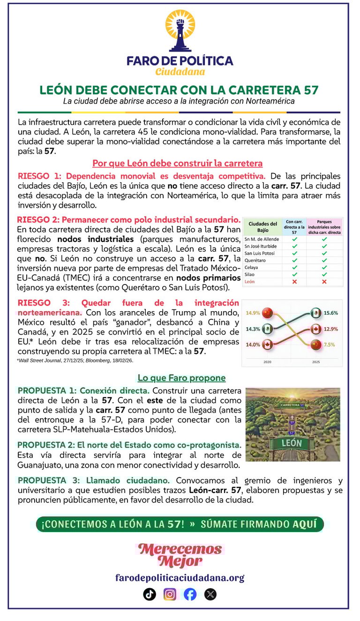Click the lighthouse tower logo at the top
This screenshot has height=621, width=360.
[x=180, y=30]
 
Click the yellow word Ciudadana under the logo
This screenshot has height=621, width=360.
[x=180, y=72]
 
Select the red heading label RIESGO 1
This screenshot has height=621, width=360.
[x=40, y=176]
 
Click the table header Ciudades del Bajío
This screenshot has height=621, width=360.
[x=263, y=227]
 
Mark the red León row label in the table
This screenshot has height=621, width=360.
[x=250, y=282]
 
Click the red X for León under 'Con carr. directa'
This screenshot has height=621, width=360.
[x=294, y=282]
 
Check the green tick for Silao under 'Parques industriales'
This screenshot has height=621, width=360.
[x=324, y=275]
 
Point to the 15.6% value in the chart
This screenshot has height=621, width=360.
[x=331, y=313]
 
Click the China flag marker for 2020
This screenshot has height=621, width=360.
[x=267, y=312]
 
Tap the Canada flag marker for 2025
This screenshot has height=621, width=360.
[x=316, y=329]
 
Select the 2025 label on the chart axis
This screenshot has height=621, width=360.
[x=316, y=362]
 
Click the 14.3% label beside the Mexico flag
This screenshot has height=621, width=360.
[x=253, y=329]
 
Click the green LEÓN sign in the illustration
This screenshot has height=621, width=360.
[x=292, y=442]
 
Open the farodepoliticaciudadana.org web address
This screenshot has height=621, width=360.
[x=180, y=577]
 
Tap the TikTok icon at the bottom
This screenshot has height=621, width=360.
[x=150, y=594]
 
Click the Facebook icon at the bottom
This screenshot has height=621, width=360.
[x=190, y=594]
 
